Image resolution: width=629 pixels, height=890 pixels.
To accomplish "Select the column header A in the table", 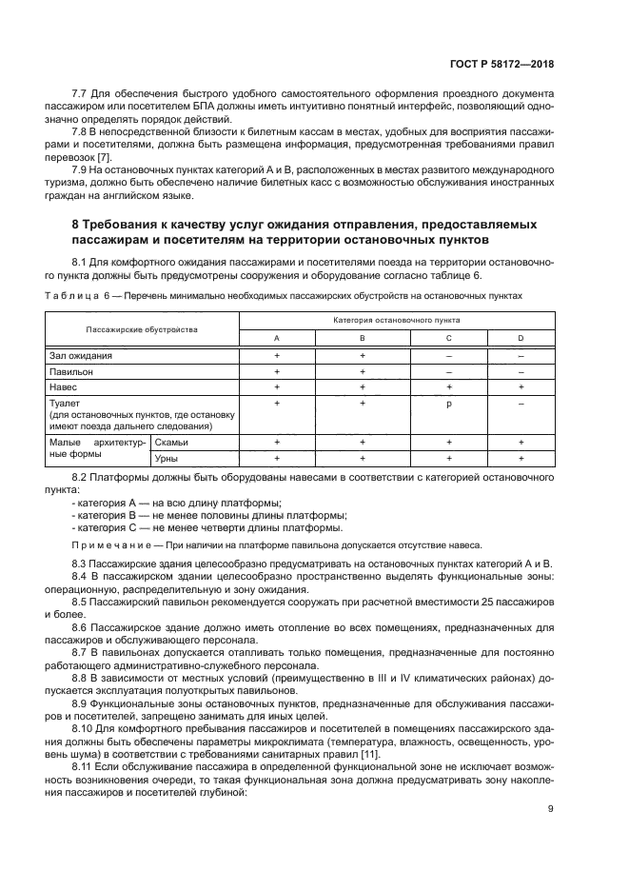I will coord(277,338).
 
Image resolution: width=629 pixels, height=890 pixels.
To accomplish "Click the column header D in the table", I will coord(521,338).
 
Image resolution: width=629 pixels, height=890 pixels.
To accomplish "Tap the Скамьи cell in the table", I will coord(172,443).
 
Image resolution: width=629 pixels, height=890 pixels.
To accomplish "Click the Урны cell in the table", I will coord(168,459).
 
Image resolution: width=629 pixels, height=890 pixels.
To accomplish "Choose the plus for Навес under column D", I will coord(521,387).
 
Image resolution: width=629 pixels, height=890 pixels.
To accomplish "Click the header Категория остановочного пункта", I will coord(397,322).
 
